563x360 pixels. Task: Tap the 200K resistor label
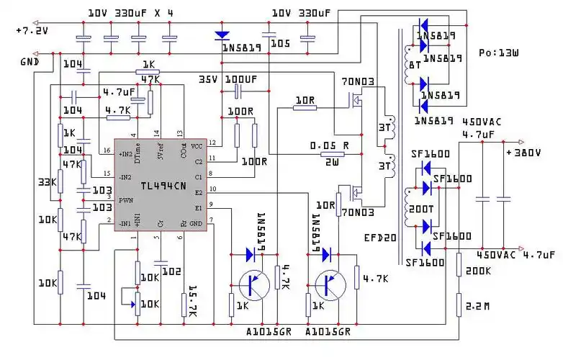point(478,271)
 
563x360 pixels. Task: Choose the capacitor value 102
point(171,271)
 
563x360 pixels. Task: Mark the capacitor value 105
point(280,44)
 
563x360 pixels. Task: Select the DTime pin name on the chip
point(136,151)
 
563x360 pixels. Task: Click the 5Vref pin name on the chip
point(159,152)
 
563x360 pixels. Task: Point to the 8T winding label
point(415,64)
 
